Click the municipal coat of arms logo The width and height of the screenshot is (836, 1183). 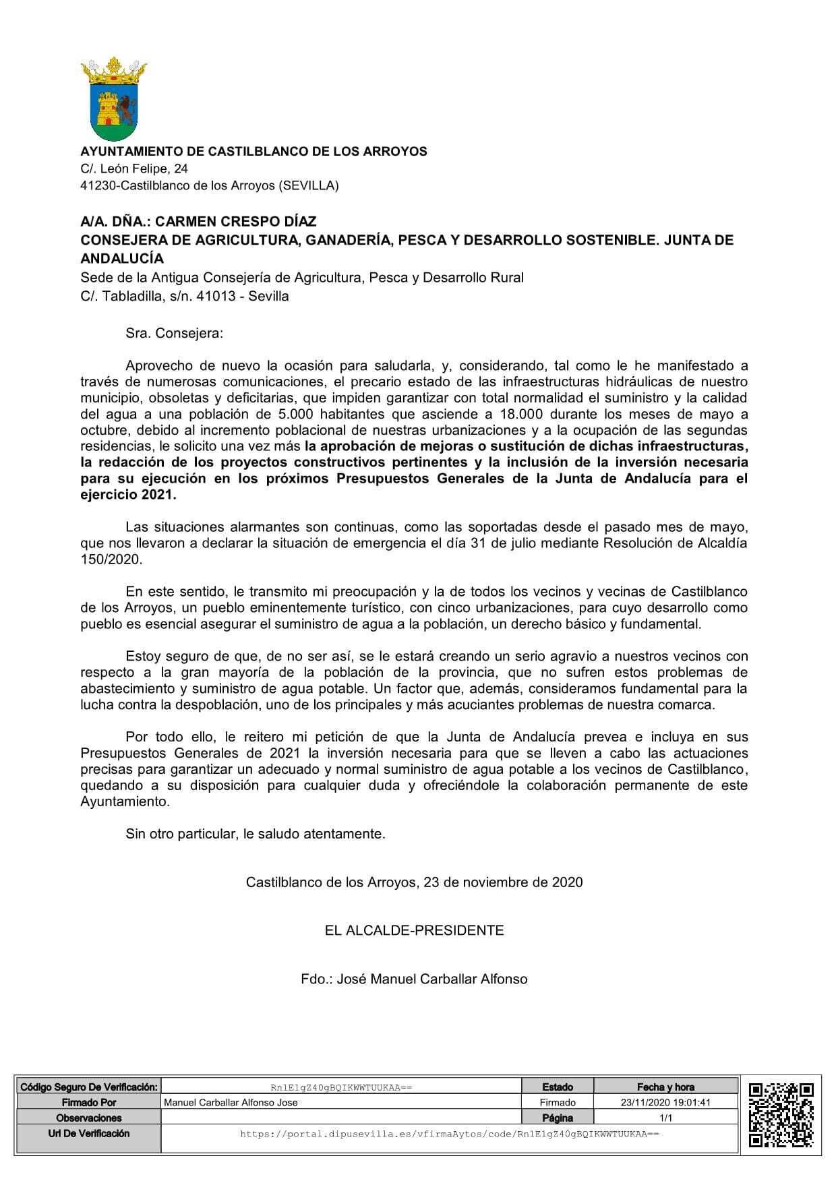point(113,100)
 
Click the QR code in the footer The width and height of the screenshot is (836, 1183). point(781,1115)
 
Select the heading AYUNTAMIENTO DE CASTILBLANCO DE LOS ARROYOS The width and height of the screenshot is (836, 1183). point(253,152)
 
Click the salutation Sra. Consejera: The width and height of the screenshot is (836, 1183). point(174,333)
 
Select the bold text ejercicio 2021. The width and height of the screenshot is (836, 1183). point(128,495)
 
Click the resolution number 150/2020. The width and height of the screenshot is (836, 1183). point(111,559)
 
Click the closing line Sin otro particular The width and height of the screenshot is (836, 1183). point(255,834)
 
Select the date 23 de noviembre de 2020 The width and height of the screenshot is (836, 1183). point(503,882)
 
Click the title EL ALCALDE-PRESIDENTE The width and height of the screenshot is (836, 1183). point(414,931)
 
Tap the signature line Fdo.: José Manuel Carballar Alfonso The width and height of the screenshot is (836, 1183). point(414,979)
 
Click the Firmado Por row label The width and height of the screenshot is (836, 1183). point(88,1103)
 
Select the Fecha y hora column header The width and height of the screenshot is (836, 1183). point(665,1087)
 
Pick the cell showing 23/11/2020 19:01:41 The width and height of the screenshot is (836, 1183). point(665,1103)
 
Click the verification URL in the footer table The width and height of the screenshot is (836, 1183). point(449,1134)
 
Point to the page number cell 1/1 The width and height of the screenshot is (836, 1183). point(665,1118)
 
